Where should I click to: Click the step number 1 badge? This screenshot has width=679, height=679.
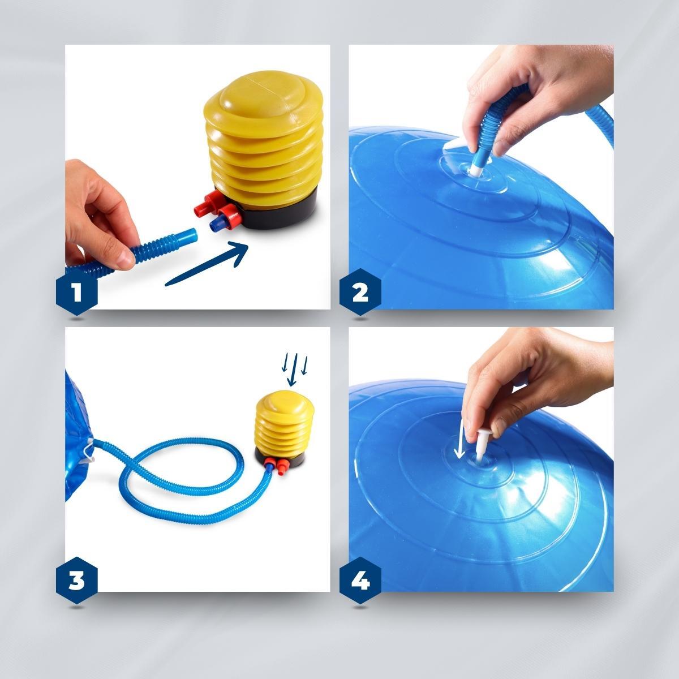coord(77,292)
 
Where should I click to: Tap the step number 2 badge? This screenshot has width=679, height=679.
coord(360,292)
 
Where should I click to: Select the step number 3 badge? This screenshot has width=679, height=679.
coord(77,581)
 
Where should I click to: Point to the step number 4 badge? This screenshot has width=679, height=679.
coord(360,581)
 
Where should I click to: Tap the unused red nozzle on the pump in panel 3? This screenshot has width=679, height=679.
coord(282,467)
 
